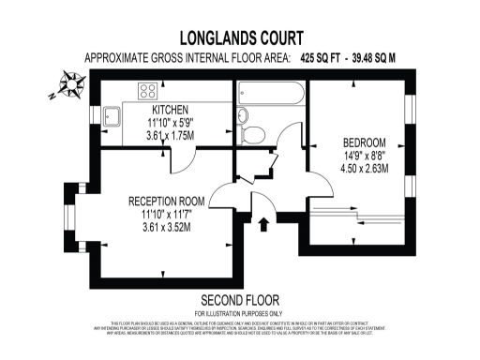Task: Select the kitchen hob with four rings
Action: click(x=149, y=91)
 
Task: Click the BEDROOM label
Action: click(x=364, y=143)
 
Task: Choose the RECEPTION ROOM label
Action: click(x=166, y=201)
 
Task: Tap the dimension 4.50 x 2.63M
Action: click(x=364, y=170)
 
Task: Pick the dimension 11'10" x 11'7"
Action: click(x=166, y=214)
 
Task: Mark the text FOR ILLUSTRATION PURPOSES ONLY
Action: click(x=238, y=312)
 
